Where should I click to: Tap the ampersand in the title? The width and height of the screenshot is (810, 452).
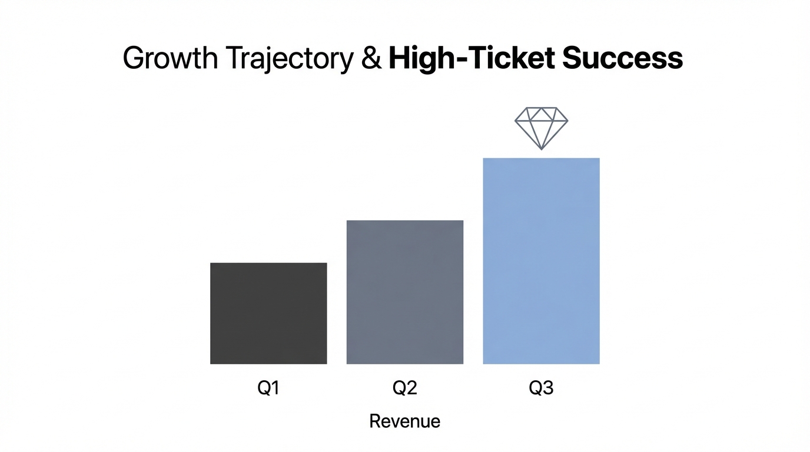pos(371,59)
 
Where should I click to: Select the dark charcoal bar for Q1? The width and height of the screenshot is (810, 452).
pos(268,313)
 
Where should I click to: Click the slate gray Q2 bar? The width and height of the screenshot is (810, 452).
pos(405,292)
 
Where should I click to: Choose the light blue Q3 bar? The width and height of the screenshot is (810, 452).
pos(541,261)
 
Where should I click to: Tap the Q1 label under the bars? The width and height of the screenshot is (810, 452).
pos(268,389)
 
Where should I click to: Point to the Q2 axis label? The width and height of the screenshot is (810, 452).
pos(405,389)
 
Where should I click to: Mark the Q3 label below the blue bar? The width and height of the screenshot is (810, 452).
pos(541,389)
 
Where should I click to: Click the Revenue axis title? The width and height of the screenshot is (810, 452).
pos(405,421)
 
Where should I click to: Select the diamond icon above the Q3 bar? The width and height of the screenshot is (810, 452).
pos(541,127)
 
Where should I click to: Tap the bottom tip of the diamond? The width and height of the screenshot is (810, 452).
pos(541,148)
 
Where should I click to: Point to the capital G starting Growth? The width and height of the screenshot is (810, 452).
pos(134,59)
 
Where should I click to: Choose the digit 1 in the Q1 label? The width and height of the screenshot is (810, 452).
pos(275,389)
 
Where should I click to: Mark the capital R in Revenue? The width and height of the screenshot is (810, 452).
pos(374,421)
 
